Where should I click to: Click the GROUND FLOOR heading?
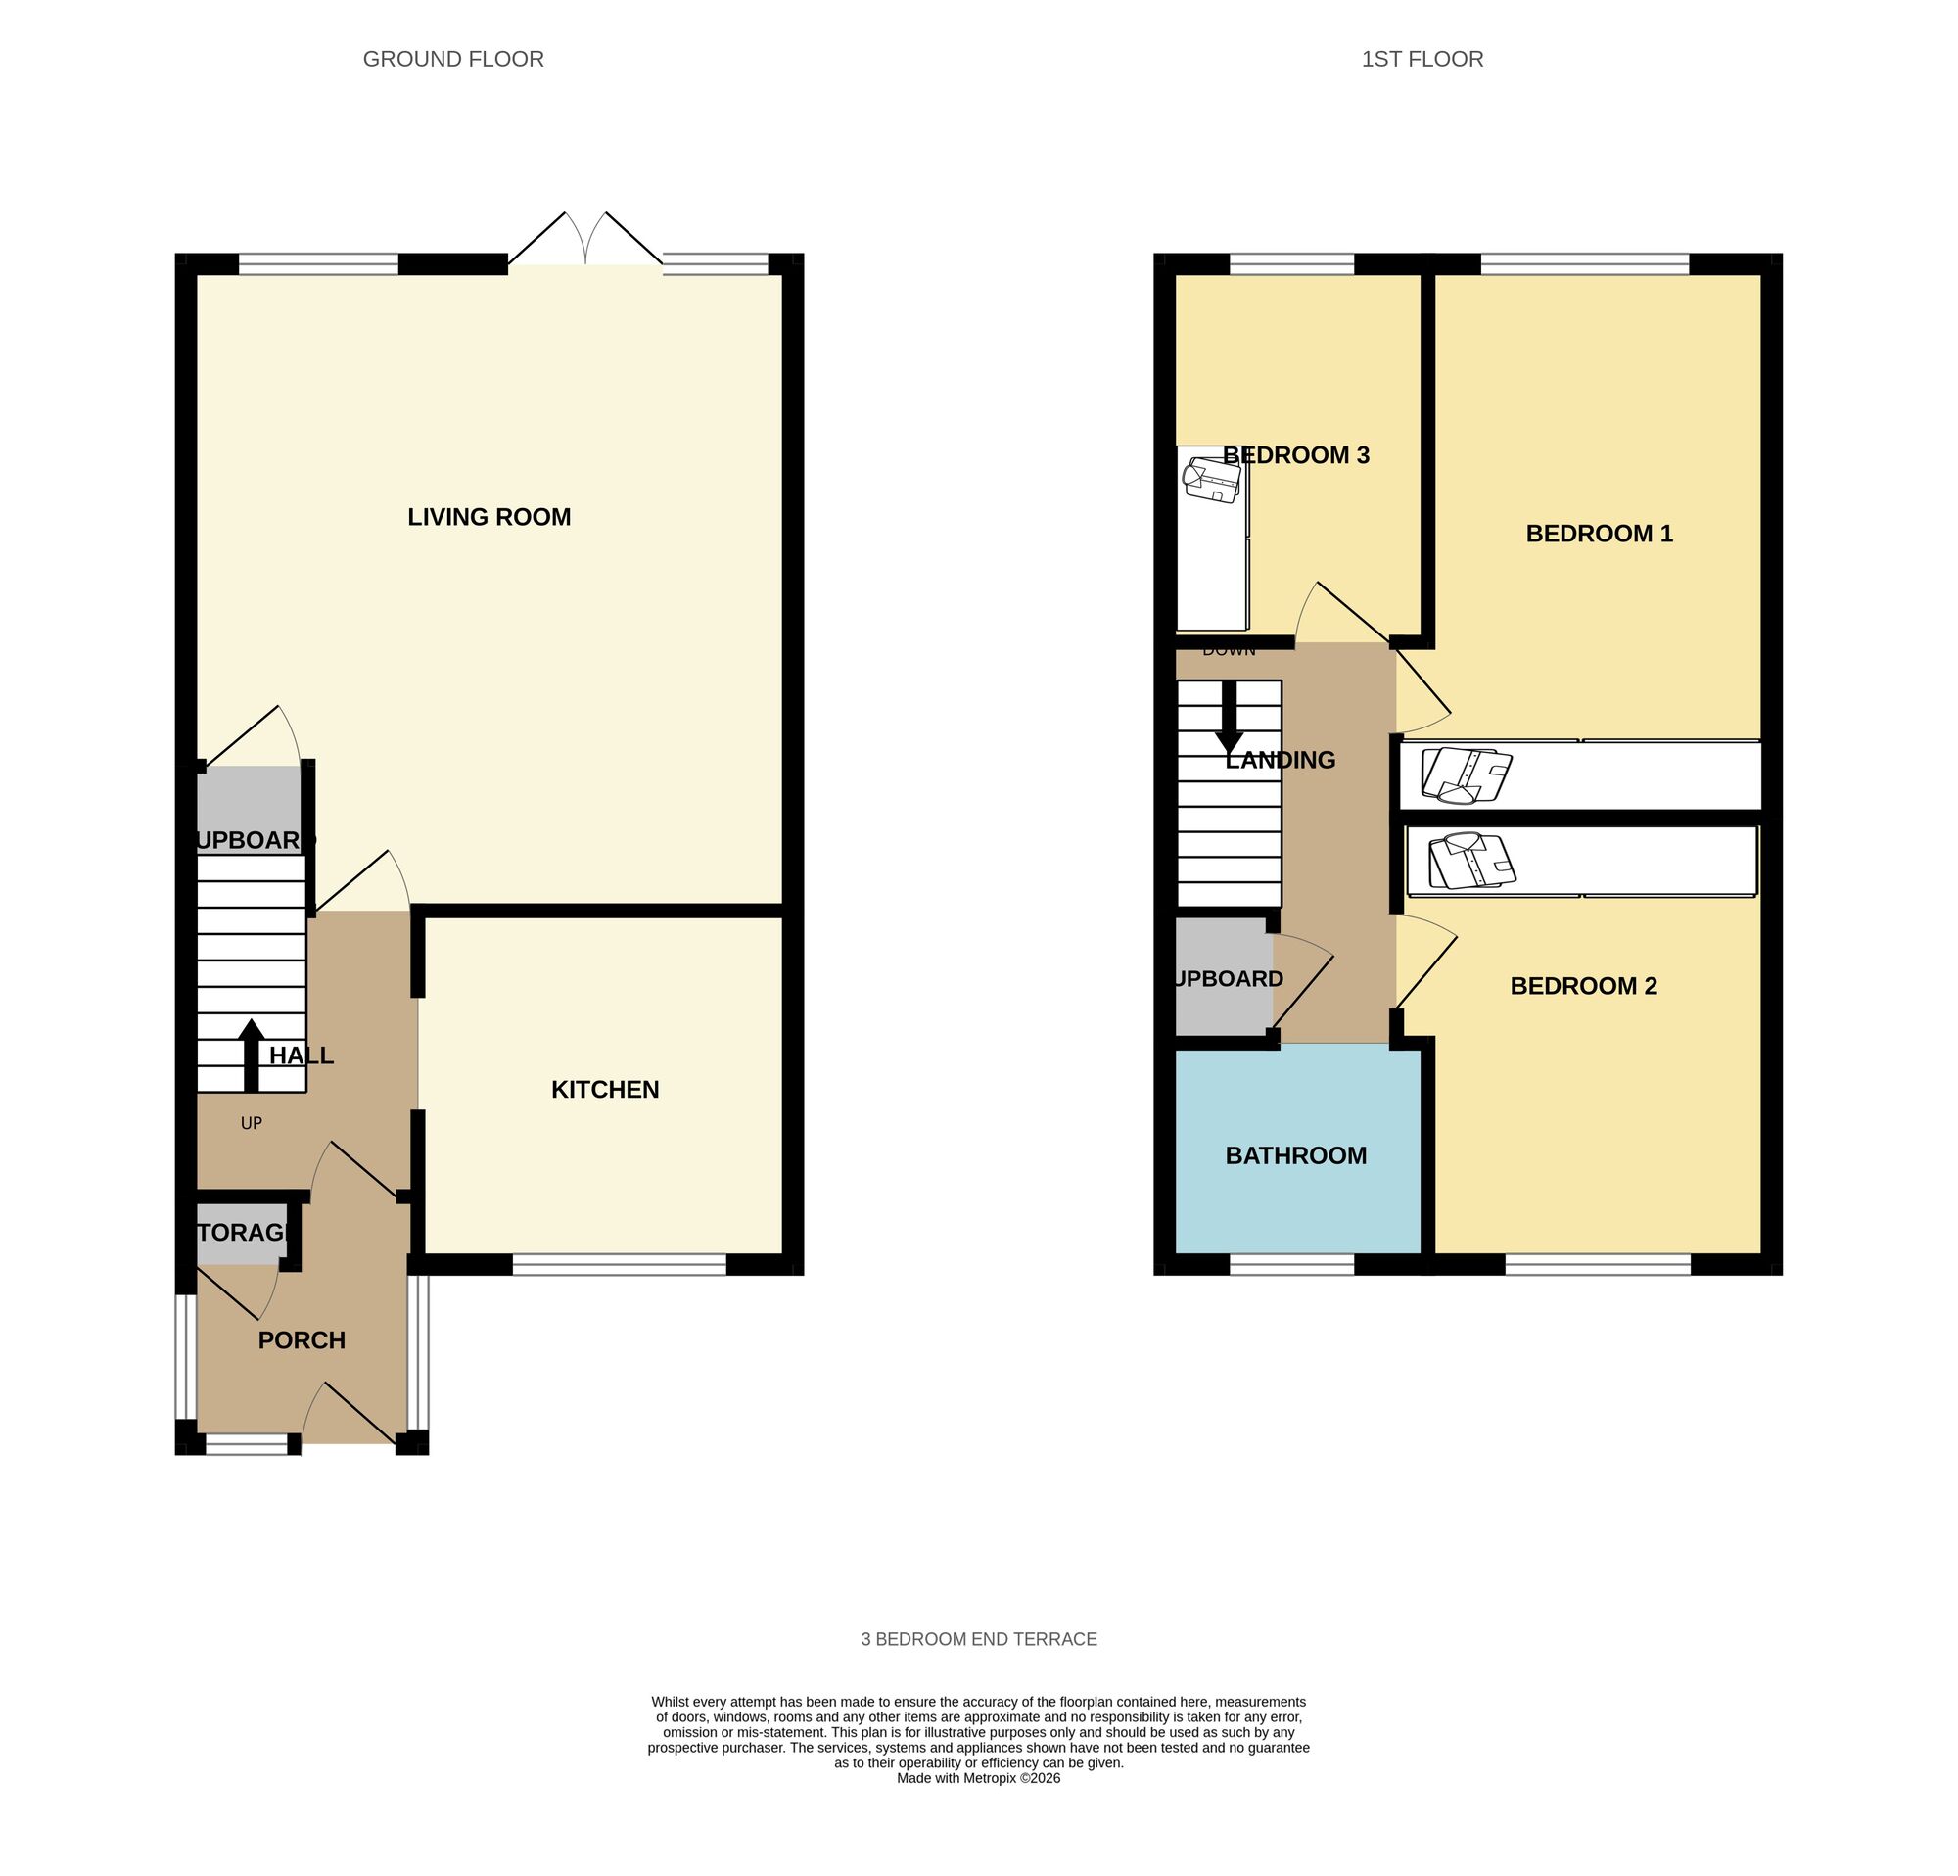[x=452, y=59]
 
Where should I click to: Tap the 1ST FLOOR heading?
[x=1422, y=59]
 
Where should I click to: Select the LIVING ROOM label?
[x=489, y=516]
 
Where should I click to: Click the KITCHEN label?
[x=604, y=1089]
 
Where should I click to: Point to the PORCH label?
[x=302, y=1339]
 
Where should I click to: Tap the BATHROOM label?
[x=1295, y=1154]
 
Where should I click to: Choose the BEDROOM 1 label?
[x=1599, y=534]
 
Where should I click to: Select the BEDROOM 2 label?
[x=1583, y=986]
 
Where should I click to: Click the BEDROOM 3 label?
[x=1295, y=455]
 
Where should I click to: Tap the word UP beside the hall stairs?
[x=251, y=1123]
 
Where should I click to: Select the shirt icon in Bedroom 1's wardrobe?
[x=1466, y=775]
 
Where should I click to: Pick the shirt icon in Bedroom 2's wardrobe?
[x=1471, y=861]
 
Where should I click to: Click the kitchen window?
[x=619, y=1265]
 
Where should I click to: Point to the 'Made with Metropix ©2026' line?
[x=978, y=1777]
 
